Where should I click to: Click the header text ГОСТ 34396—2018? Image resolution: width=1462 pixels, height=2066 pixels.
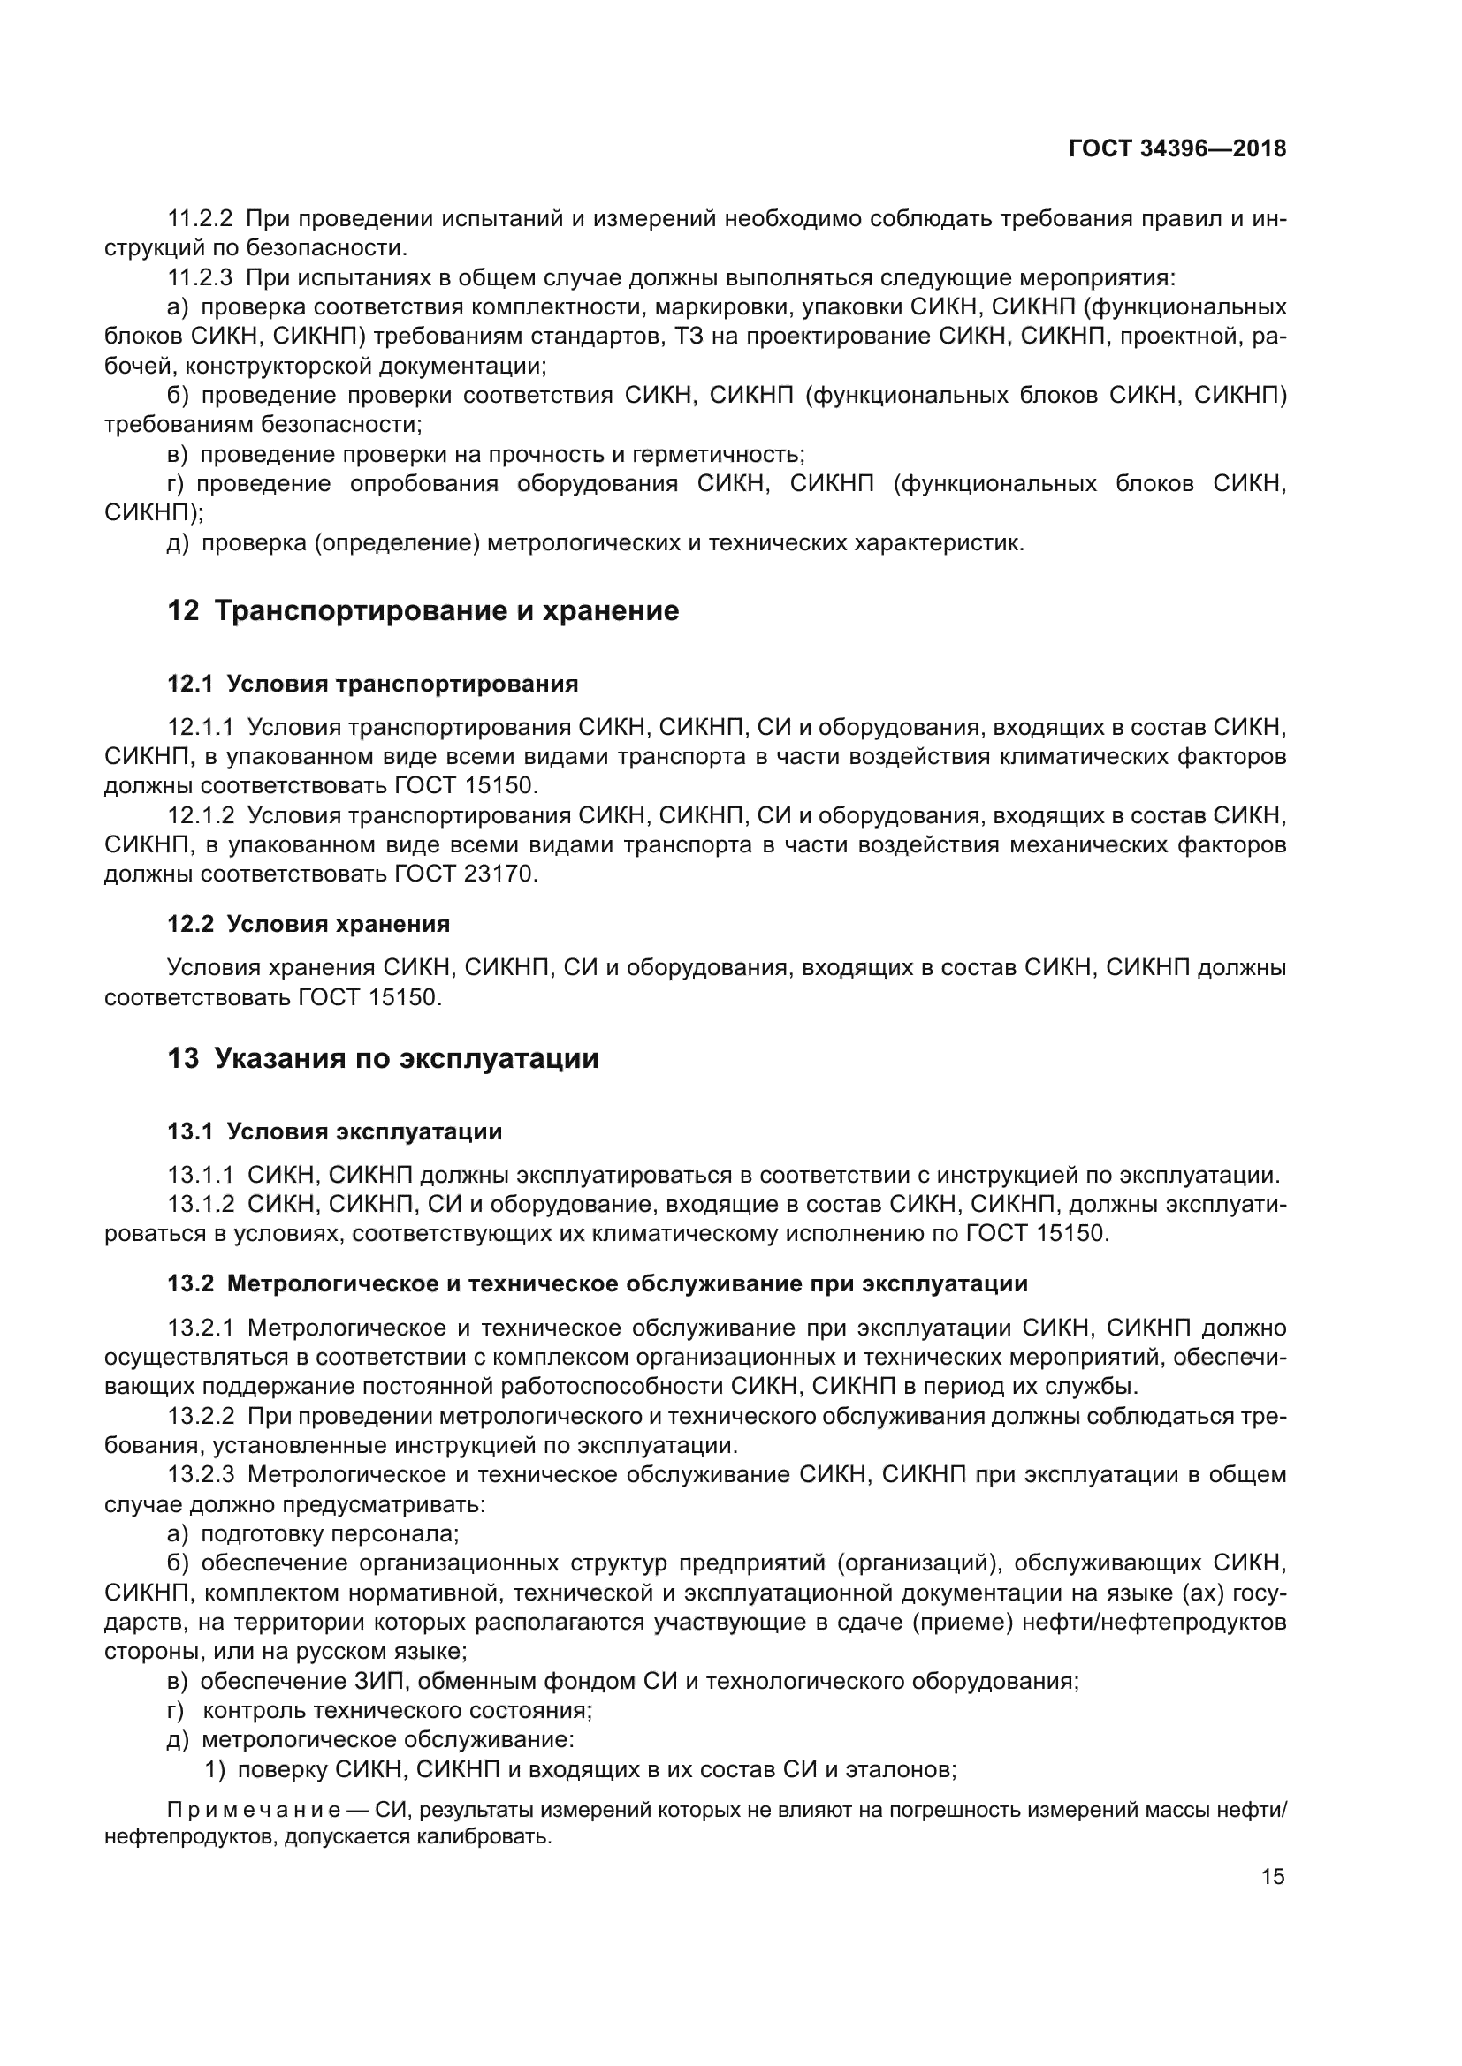pyautogui.click(x=1176, y=148)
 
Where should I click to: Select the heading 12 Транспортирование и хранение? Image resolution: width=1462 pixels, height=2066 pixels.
pyautogui.click(x=423, y=611)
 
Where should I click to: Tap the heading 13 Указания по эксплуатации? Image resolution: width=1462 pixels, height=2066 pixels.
pyautogui.click(x=383, y=1058)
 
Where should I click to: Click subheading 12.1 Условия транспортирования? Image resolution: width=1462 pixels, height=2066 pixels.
pyautogui.click(x=373, y=684)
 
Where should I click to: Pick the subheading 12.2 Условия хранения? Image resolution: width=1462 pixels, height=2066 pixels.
pyautogui.click(x=308, y=924)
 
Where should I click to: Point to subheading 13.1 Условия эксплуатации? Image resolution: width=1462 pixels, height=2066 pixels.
pyautogui.click(x=335, y=1131)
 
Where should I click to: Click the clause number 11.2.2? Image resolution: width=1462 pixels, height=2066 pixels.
pyautogui.click(x=201, y=219)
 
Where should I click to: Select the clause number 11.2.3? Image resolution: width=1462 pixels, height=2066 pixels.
pyautogui.click(x=201, y=277)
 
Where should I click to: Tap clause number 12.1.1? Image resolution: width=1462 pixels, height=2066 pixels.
pyautogui.click(x=201, y=726)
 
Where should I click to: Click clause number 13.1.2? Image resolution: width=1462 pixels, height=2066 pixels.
pyautogui.click(x=201, y=1204)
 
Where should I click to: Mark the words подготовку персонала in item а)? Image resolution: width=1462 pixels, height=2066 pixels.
pyautogui.click(x=331, y=1533)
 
